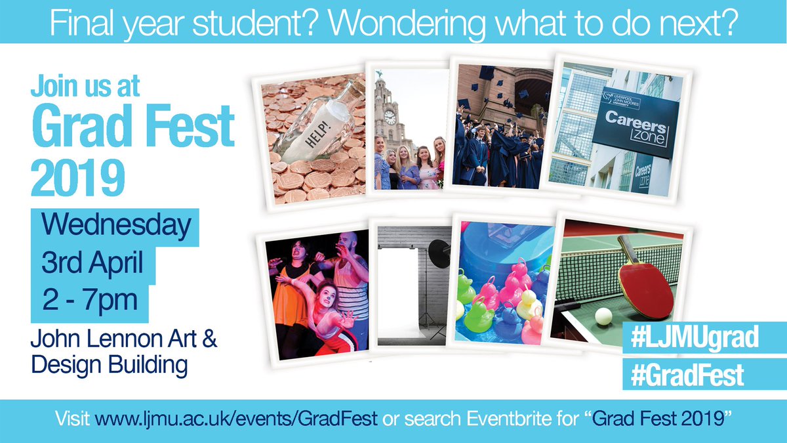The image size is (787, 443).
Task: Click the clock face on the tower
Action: [390, 117]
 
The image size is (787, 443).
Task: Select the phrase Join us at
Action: [85, 86]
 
